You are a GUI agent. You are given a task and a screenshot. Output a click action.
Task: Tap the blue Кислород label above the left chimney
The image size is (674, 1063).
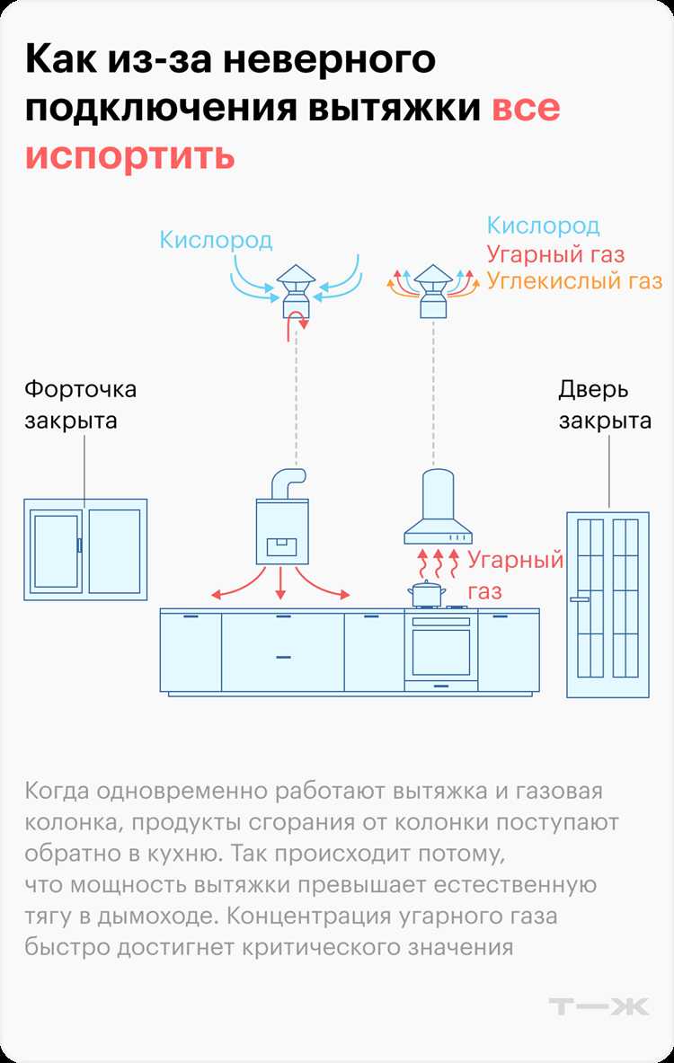pyautogui.click(x=216, y=240)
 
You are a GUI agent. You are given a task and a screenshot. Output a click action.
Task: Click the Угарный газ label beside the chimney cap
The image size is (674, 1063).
pyautogui.click(x=555, y=254)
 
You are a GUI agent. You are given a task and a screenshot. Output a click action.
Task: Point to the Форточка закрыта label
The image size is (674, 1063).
pyautogui.click(x=80, y=404)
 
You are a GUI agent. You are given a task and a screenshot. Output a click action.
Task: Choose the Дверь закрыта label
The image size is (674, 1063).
pyautogui.click(x=605, y=404)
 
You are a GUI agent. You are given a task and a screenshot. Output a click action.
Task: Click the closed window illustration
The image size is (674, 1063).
pyautogui.click(x=85, y=549)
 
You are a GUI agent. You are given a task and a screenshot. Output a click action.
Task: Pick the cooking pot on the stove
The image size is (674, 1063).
pyautogui.click(x=426, y=593)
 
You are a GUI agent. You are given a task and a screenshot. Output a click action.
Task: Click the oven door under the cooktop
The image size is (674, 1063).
pyautogui.click(x=440, y=651)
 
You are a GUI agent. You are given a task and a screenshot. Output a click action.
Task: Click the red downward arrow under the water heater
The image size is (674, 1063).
pyautogui.click(x=281, y=585)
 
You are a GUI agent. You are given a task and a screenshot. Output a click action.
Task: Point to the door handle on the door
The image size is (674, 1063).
pyautogui.click(x=581, y=598)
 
